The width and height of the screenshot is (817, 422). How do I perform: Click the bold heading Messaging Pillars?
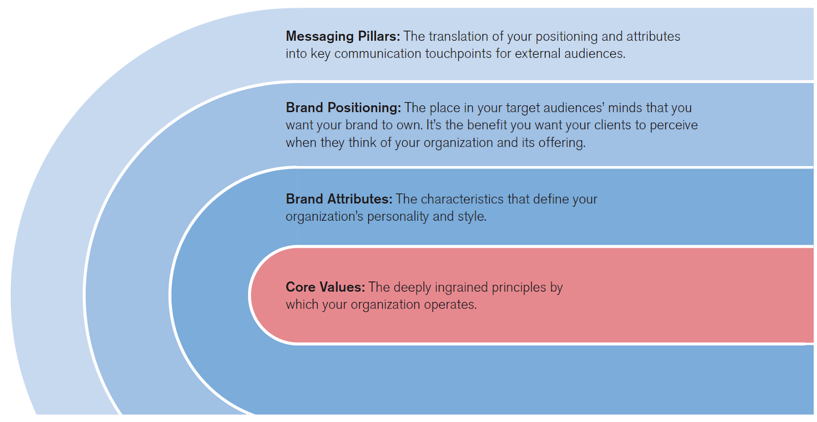[343, 36]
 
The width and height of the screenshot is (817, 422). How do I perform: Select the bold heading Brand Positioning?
[343, 108]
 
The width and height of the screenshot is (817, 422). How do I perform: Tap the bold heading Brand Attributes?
[339, 199]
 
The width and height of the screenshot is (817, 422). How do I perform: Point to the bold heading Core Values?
[325, 287]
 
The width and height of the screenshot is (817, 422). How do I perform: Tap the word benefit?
[486, 125]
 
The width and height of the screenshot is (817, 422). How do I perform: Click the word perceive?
[674, 125]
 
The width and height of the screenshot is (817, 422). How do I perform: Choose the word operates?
[451, 305]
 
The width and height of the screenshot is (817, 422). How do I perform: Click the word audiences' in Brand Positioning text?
[574, 108]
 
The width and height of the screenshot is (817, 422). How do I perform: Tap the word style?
[472, 217]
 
